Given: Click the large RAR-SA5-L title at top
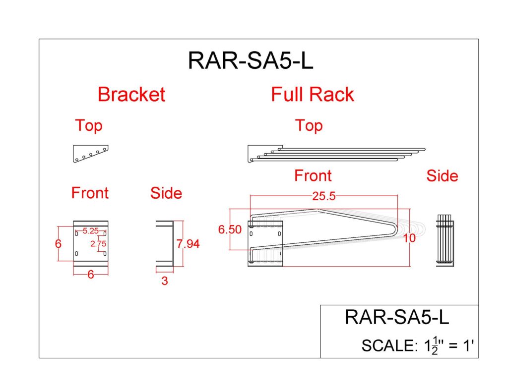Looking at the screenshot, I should click(251, 61).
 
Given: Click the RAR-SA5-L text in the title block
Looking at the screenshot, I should click(397, 317).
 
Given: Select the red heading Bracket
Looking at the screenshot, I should click(131, 94).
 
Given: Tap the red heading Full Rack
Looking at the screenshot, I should click(313, 94).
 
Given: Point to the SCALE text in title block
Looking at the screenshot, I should click(419, 345).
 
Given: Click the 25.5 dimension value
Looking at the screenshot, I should click(324, 196).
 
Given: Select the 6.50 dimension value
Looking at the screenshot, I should click(230, 229).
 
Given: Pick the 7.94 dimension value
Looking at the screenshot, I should click(188, 244).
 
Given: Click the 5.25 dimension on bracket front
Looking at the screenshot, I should click(90, 230).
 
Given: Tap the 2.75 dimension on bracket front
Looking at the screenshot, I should click(98, 243).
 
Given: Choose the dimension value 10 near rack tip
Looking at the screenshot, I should click(409, 238).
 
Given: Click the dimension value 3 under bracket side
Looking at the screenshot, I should click(165, 281).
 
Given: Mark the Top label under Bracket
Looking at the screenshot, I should click(88, 126).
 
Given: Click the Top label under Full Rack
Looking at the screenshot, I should click(309, 126).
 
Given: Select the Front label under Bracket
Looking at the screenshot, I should click(90, 192).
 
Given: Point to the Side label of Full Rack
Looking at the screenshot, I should click(442, 176).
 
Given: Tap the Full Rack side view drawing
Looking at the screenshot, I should click(445, 241).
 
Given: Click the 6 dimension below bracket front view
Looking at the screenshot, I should click(91, 274).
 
